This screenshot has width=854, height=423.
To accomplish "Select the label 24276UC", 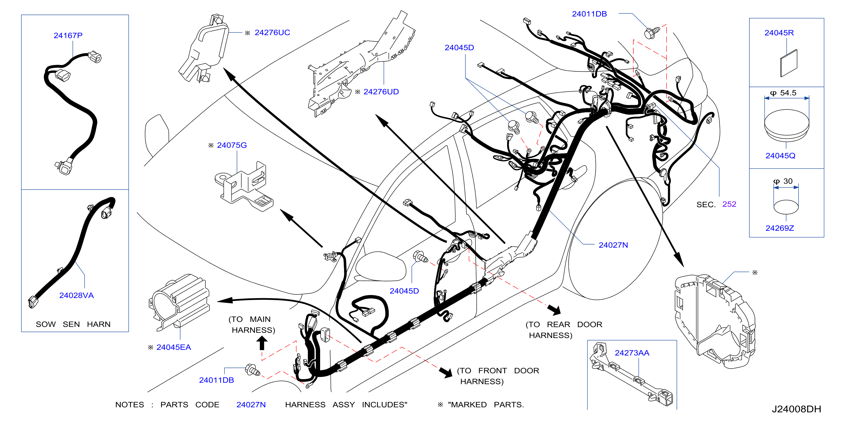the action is click(x=272, y=32).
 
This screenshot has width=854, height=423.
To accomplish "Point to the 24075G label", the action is click(x=232, y=145).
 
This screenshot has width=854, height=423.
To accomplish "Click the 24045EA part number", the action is click(x=174, y=347).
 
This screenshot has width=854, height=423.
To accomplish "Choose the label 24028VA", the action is click(x=76, y=295).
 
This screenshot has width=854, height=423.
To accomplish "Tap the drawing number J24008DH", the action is click(x=796, y=409).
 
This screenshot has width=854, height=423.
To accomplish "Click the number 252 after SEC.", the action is click(x=729, y=204).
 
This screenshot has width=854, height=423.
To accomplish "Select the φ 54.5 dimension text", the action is click(x=783, y=93).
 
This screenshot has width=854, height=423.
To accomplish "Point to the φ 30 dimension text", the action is click(x=783, y=181).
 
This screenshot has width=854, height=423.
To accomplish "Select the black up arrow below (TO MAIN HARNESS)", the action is click(x=262, y=343).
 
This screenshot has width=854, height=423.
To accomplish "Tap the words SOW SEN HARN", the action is click(x=73, y=324).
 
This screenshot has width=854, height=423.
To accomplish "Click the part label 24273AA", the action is click(x=632, y=353).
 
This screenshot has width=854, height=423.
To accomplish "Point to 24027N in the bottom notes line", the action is click(x=251, y=405).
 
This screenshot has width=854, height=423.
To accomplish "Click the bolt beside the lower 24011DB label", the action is click(x=253, y=370).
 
